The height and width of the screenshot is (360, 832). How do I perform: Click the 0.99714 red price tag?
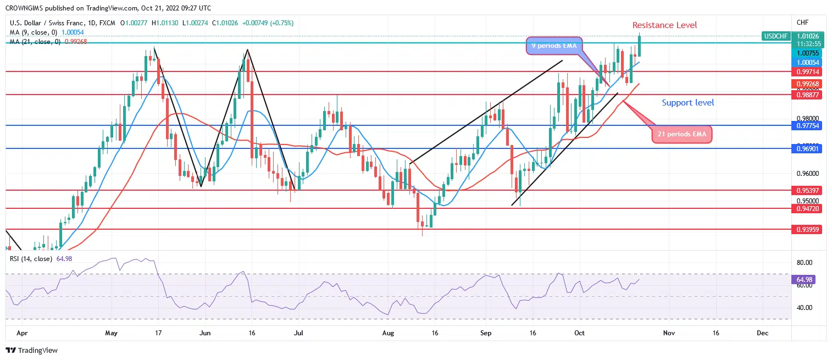[x=806, y=71]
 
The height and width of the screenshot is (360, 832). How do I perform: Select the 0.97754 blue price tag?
[x=806, y=126]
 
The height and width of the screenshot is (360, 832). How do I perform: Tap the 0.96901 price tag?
[x=806, y=148]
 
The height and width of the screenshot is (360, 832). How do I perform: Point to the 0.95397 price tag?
[x=806, y=190]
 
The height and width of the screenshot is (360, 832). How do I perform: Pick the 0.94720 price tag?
[x=806, y=209]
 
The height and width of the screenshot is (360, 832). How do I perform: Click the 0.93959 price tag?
[x=806, y=229]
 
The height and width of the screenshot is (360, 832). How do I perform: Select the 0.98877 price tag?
[x=806, y=95]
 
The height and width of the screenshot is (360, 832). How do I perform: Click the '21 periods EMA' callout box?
[x=681, y=134]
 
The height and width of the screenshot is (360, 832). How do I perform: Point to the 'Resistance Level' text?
[x=664, y=25]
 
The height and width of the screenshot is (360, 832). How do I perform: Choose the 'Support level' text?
[x=688, y=103]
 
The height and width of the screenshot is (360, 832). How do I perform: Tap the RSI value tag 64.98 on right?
[x=806, y=280]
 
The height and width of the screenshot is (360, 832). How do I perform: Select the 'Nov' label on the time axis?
[x=669, y=333]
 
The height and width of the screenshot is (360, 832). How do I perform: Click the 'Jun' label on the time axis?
[x=206, y=333]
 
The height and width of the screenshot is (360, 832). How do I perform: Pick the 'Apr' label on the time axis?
[x=21, y=333]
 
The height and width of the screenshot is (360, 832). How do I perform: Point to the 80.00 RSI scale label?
[x=805, y=262]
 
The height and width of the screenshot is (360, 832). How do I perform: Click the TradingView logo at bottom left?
[x=31, y=350]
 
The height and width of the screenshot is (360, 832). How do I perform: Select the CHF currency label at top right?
[x=802, y=22]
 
